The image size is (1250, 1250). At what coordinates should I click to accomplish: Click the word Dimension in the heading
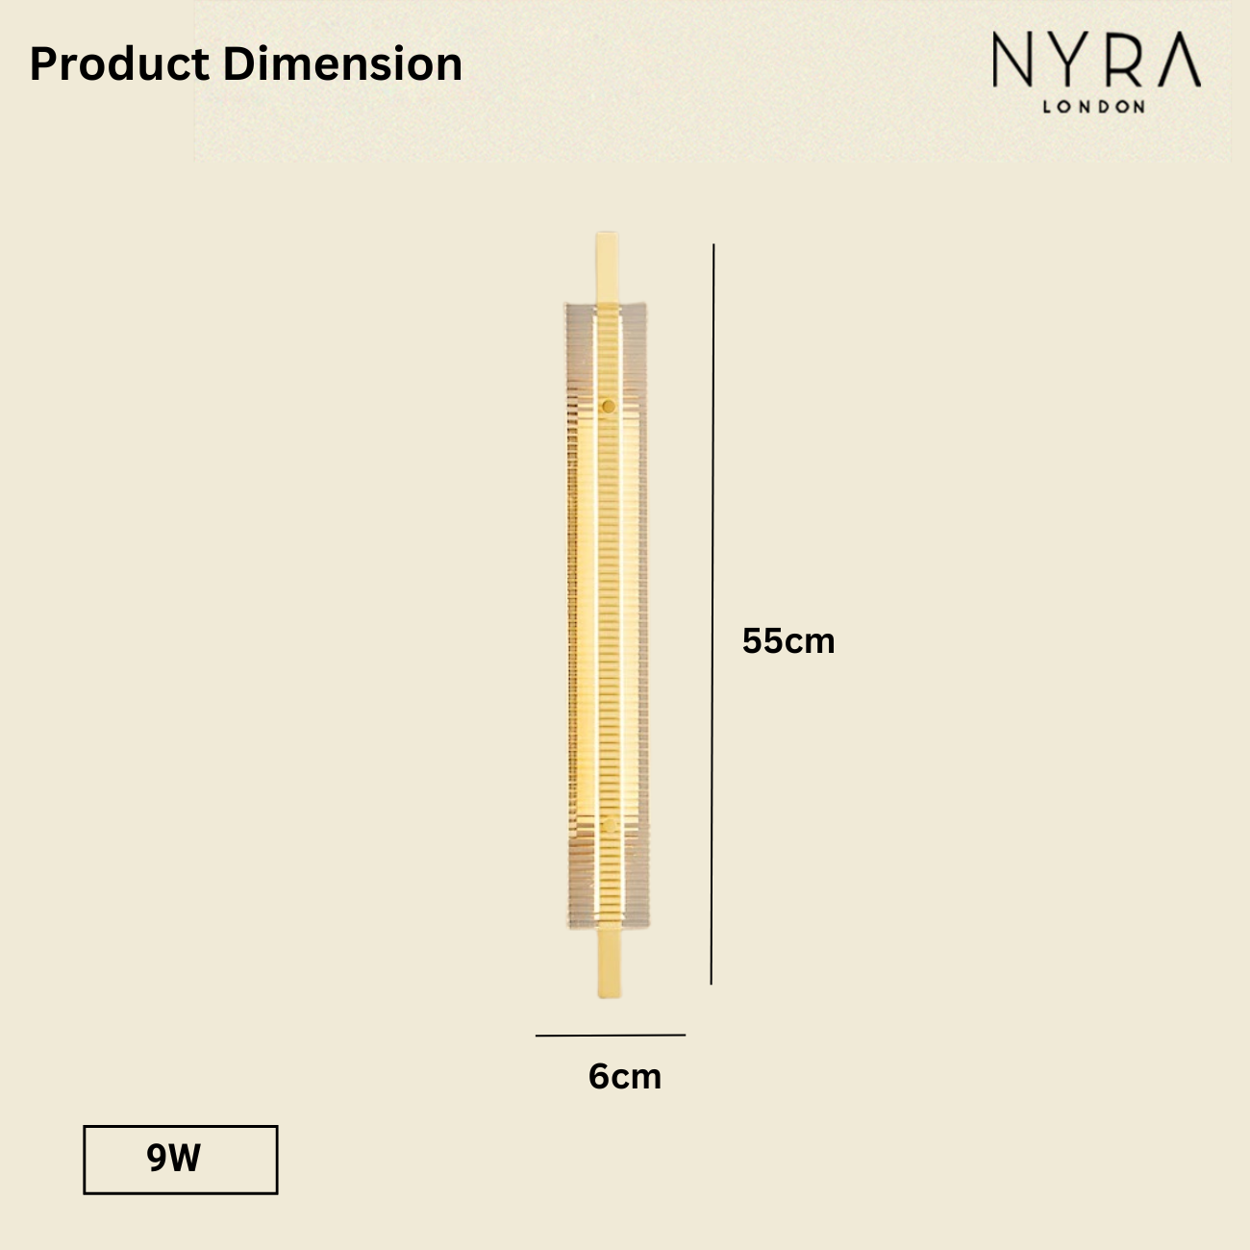[342, 64]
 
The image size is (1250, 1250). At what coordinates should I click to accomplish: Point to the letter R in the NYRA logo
[1124, 62]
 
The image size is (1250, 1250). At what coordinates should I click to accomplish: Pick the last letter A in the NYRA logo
[1178, 62]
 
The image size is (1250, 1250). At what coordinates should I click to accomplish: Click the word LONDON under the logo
[1094, 107]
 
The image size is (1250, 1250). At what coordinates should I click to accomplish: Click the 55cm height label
[788, 641]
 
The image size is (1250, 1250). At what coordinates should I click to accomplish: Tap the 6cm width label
[625, 1076]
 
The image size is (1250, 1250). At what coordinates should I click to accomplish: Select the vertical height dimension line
[712, 615]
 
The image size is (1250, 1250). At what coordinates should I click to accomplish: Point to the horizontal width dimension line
[611, 1036]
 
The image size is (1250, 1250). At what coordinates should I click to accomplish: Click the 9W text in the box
[174, 1159]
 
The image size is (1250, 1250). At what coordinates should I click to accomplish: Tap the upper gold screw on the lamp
[608, 406]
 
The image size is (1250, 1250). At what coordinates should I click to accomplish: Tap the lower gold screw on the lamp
[609, 824]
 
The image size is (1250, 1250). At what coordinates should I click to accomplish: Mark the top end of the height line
[713, 245]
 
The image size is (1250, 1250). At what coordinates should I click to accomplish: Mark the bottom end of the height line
[712, 984]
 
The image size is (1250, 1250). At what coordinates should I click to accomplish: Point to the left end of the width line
[537, 1036]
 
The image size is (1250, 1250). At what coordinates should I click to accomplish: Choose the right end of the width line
[685, 1035]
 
